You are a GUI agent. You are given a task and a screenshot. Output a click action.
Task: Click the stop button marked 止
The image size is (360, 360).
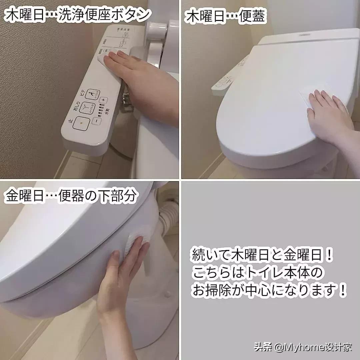80,124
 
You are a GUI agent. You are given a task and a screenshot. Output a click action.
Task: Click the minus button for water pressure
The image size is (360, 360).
95,121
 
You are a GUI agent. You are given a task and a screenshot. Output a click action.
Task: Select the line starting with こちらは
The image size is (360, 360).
257,273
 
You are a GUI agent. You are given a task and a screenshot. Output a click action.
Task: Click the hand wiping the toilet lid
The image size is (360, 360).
328,117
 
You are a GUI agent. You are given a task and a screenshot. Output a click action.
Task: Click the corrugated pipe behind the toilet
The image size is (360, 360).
167,217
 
